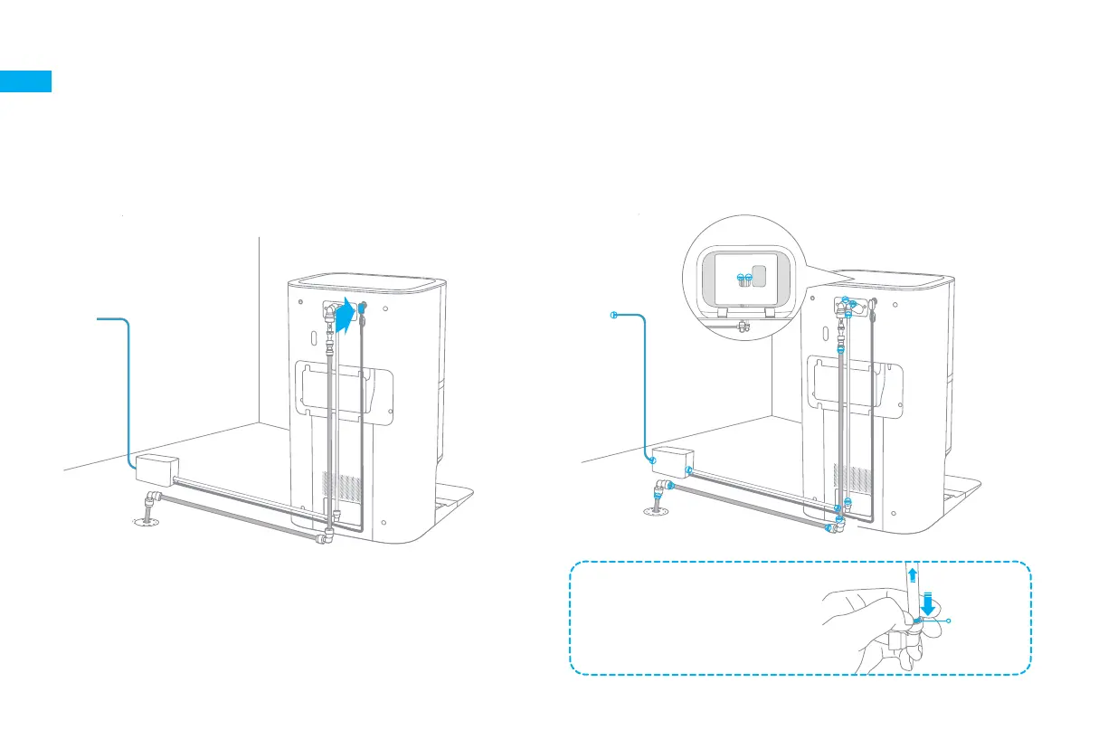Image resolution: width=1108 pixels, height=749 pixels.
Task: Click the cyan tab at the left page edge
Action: (x=25, y=81)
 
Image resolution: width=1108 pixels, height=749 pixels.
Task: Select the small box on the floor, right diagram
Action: (x=671, y=460)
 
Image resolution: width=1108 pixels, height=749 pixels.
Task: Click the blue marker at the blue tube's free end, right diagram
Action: (x=613, y=315)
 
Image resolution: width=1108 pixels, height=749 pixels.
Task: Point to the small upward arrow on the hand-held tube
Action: (x=912, y=574)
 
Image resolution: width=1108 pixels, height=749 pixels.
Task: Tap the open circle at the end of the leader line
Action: (x=949, y=621)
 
